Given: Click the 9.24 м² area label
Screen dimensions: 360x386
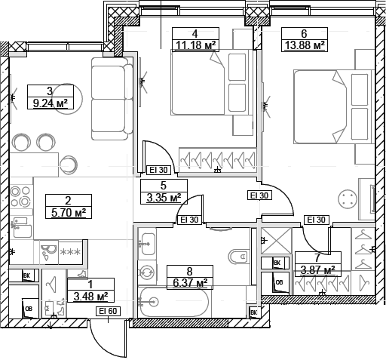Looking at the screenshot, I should [x=50, y=104].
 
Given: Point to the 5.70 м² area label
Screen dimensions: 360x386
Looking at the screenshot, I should [x=68, y=213].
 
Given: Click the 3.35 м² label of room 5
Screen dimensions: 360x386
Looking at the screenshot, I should [x=163, y=198].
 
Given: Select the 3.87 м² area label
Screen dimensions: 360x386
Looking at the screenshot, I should [x=317, y=269].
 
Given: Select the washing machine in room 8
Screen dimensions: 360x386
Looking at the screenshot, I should [x=147, y=273].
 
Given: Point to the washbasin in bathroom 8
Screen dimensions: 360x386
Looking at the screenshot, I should [x=148, y=244].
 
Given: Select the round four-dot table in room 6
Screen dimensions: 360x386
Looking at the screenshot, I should [x=348, y=199].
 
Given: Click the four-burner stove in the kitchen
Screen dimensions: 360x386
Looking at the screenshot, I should [x=20, y=195].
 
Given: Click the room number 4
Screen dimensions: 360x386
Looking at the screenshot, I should [x=195, y=33].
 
